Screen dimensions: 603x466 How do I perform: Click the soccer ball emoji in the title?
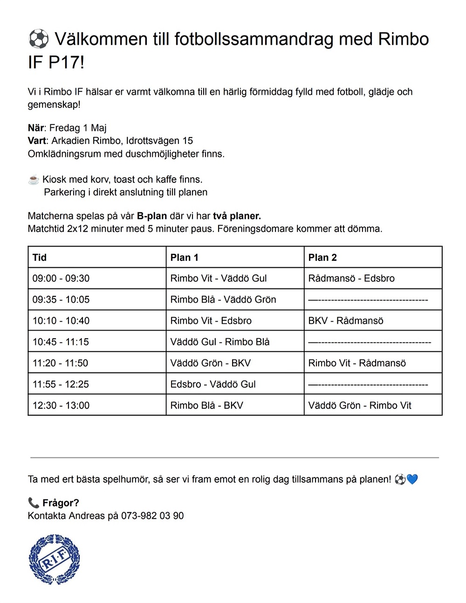point(38,39)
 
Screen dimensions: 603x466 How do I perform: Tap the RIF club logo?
point(54,559)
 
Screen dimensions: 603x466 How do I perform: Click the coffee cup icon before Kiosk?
point(34,180)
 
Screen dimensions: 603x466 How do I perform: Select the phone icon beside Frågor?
point(34,503)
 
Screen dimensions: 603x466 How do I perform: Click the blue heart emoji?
point(412,479)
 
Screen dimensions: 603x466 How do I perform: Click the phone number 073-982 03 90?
point(152,516)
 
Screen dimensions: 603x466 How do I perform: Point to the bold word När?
point(36,128)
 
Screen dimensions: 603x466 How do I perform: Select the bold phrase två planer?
point(237,216)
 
